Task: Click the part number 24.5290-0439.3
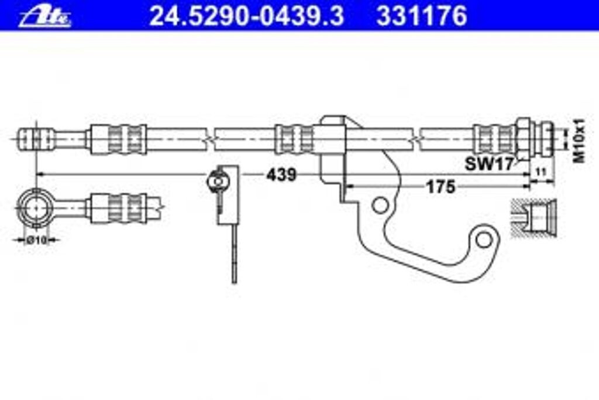(x=246, y=16)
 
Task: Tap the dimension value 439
(x=281, y=175)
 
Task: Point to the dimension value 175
(x=440, y=187)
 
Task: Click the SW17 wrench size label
(x=488, y=165)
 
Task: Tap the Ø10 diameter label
(x=36, y=240)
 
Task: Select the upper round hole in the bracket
(x=380, y=205)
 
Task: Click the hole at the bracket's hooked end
(x=483, y=238)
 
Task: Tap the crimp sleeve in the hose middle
(x=294, y=139)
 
